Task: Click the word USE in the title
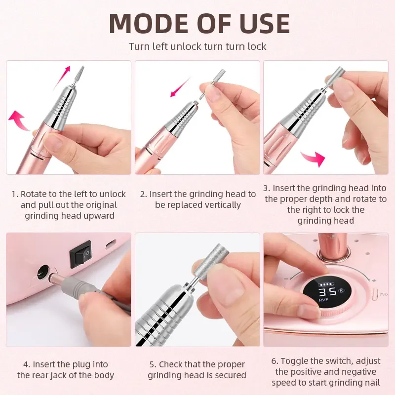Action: click(x=260, y=23)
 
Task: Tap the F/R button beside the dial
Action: click(x=383, y=295)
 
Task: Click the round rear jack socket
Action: click(x=42, y=271)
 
